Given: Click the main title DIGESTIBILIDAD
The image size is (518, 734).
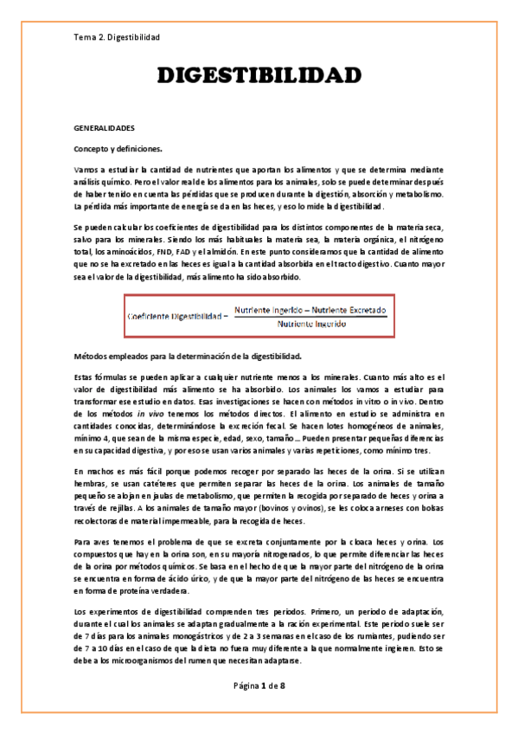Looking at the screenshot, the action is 259,77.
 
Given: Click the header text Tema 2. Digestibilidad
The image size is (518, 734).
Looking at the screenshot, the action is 116,37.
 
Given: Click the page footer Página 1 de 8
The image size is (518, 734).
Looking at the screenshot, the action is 259,686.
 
